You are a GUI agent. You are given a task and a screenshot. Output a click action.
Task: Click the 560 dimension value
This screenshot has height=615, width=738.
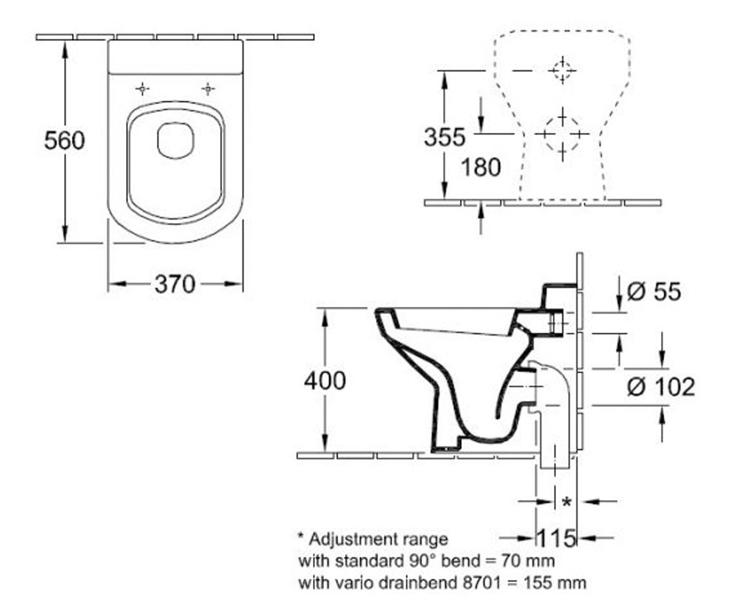pyautogui.click(x=65, y=140)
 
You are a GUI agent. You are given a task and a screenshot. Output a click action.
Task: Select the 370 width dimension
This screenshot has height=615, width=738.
pyautogui.click(x=175, y=284)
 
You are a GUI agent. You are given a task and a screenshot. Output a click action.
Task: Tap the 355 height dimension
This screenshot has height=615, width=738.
pyautogui.click(x=444, y=137)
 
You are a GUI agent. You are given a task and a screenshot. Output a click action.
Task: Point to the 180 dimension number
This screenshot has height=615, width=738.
pyautogui.click(x=481, y=167)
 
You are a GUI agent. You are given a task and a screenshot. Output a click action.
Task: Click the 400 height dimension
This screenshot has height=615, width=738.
pyautogui.click(x=325, y=381)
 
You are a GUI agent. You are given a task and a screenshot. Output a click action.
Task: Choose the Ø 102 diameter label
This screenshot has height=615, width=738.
pyautogui.click(x=661, y=386)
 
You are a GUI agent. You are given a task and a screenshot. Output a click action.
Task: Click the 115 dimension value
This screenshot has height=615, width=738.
pyautogui.click(x=557, y=538)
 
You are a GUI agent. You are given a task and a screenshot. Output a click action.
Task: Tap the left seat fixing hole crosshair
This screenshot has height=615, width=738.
pyautogui.click(x=142, y=89)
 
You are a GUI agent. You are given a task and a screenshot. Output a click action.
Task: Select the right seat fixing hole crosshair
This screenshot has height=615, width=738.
pyautogui.click(x=208, y=89)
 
